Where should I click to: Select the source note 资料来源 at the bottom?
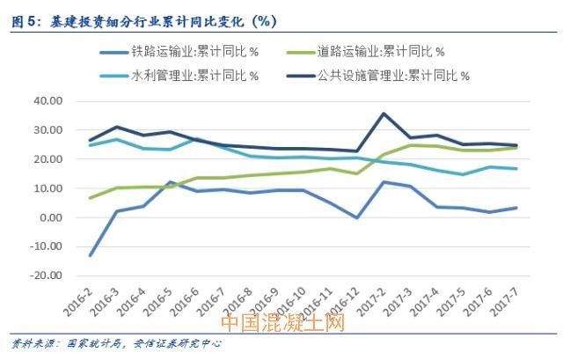pyautogui.click(x=114, y=343)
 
